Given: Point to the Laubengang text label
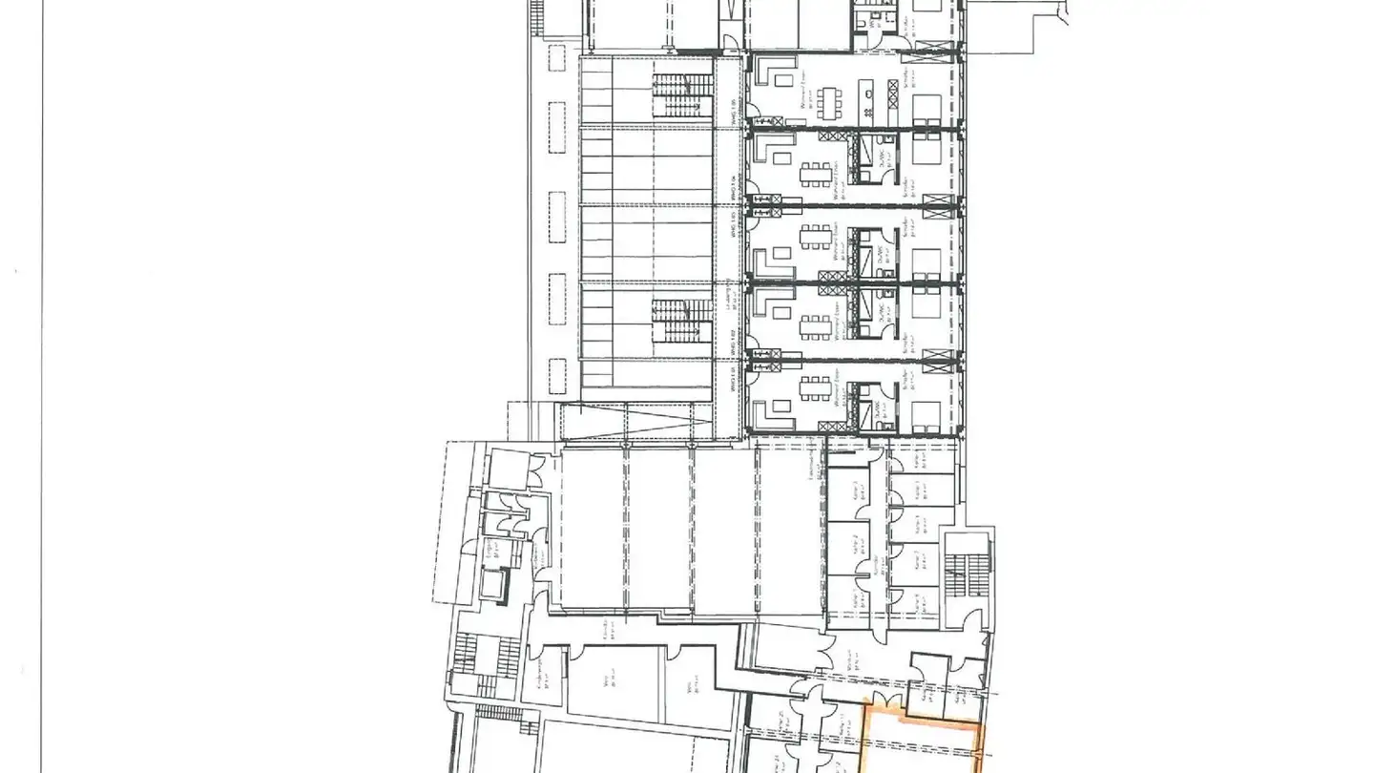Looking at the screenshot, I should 731,295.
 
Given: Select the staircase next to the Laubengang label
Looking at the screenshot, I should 683,319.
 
